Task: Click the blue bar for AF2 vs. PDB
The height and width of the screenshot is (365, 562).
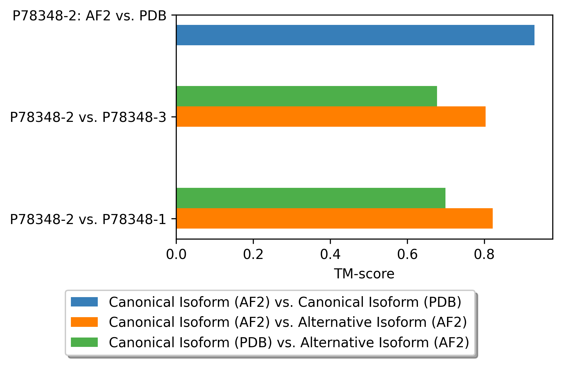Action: point(355,35)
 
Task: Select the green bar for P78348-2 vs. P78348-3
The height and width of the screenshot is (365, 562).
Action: point(307,96)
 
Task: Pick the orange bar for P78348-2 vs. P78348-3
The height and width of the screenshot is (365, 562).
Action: point(331,116)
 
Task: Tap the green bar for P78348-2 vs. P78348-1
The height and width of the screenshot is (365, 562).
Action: point(311,198)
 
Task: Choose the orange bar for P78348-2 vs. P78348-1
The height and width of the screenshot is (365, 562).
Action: point(334,218)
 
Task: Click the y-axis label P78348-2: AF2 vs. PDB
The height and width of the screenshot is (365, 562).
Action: point(89,16)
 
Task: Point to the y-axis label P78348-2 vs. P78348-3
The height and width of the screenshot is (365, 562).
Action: point(88,117)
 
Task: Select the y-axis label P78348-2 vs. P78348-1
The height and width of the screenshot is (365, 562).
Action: point(88,219)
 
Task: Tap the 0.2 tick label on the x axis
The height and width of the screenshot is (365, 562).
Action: point(253,254)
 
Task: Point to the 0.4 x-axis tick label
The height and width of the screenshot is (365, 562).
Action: point(330,254)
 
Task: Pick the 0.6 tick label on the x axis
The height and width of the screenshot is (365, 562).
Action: point(407,254)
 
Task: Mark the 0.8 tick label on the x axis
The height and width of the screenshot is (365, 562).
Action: point(484,254)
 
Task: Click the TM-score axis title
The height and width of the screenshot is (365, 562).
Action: point(364,274)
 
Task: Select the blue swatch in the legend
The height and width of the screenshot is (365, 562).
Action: point(84,302)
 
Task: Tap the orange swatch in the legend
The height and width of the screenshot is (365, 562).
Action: point(84,322)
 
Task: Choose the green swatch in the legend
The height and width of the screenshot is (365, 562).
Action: point(84,342)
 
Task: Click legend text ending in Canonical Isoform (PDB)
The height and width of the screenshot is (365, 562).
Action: point(285,302)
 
